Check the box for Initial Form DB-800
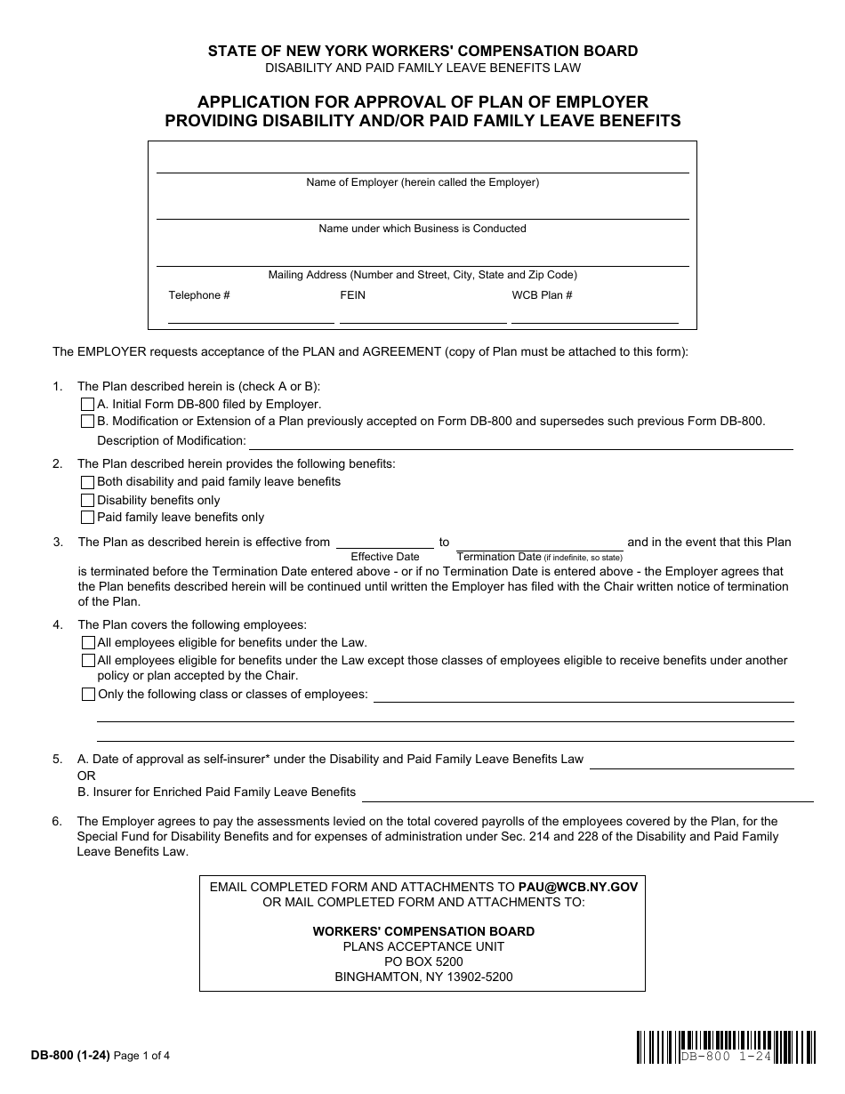[x=87, y=404]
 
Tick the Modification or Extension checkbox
[x=87, y=422]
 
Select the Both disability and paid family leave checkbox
[x=87, y=482]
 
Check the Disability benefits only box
[x=87, y=500]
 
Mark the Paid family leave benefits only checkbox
[x=87, y=518]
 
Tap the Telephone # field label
[x=199, y=295]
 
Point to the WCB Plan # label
[x=542, y=295]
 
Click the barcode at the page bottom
[x=726, y=1047]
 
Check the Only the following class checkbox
[x=87, y=695]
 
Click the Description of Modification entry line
[x=520, y=442]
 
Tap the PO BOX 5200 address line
[x=423, y=961]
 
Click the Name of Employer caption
[x=422, y=182]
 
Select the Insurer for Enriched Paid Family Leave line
[x=587, y=793]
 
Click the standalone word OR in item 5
[x=86, y=776]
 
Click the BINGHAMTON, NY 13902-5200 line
[x=423, y=977]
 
